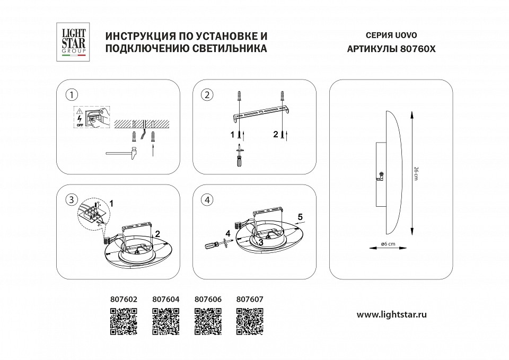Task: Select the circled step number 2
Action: (x=207, y=95)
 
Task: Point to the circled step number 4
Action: (x=207, y=200)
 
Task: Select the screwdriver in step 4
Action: (x=215, y=244)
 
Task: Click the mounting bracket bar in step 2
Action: (x=261, y=112)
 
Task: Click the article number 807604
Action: (x=165, y=299)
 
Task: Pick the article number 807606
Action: (x=207, y=299)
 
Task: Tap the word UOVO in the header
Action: (x=406, y=36)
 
